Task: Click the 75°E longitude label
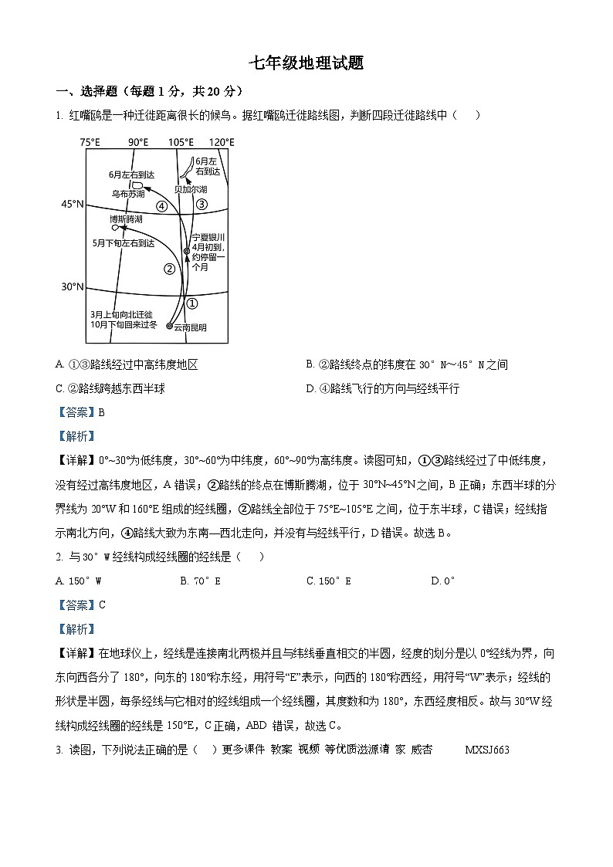[x=90, y=142]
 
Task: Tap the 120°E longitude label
[x=221, y=142]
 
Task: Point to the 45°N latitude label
[x=72, y=204]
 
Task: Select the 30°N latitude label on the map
[x=72, y=287]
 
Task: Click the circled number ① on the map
[x=193, y=303]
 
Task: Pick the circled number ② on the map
[x=169, y=269]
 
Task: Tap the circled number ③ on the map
[x=202, y=204]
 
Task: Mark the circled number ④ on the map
[x=161, y=206]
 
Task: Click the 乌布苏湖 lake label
[x=128, y=195]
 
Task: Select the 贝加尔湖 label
[x=190, y=189]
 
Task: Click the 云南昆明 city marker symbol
[x=170, y=327]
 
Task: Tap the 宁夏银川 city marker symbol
[x=186, y=252]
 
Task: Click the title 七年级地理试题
[x=306, y=63]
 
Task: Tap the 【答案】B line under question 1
[x=80, y=412]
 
